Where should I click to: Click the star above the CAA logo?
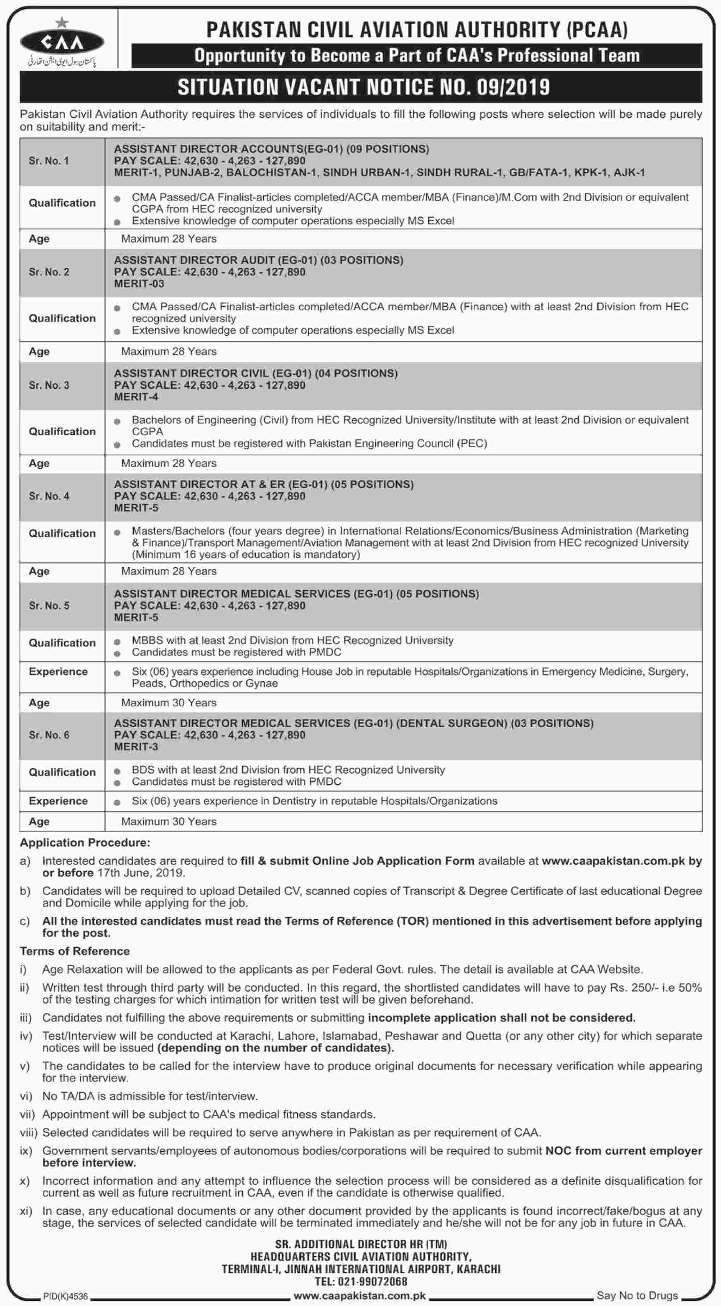click(62, 22)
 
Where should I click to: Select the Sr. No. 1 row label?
click(49, 161)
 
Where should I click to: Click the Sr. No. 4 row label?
click(49, 496)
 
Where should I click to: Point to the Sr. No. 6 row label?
click(49, 735)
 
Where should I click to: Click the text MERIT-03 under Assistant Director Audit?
click(139, 284)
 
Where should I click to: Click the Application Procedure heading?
click(85, 843)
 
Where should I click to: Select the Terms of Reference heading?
click(75, 951)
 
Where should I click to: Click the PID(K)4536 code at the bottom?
click(66, 1296)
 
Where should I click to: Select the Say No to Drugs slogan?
click(637, 1295)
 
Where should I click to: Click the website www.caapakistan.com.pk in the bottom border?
click(359, 1295)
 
